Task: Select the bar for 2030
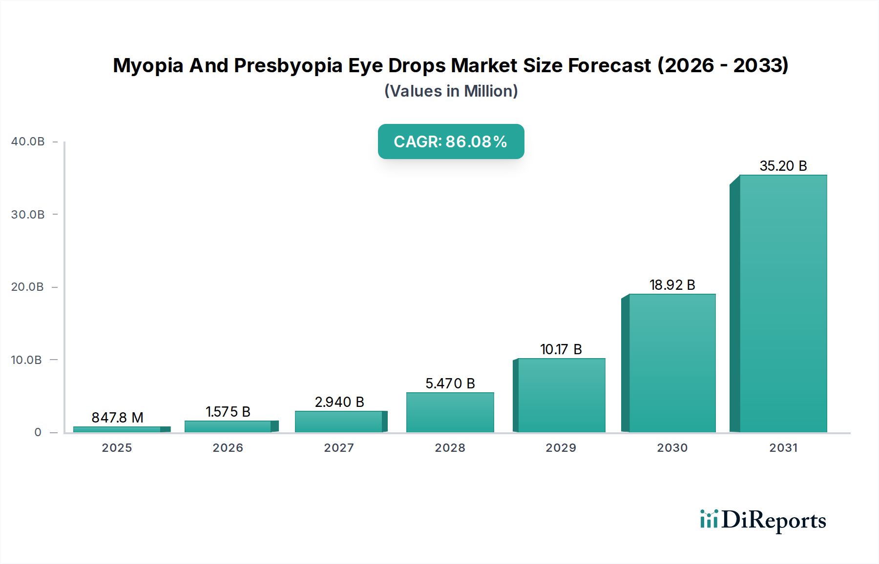pos(672,363)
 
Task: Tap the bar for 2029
pos(561,395)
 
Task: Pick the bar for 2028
pos(450,412)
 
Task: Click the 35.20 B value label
pos(783,166)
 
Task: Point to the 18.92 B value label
pos(672,285)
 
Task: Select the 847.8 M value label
pos(117,418)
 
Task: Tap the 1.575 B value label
pos(228,412)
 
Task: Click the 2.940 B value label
pos(339,402)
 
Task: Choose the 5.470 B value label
pos(450,383)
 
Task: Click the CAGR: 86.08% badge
pos(451,141)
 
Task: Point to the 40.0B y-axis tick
pos(28,141)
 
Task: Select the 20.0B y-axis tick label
pos(28,287)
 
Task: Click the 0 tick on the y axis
pos(38,432)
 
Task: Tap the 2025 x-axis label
pos(117,448)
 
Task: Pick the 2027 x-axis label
pos(339,448)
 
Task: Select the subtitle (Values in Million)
pos(451,91)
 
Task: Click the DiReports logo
pos(763,520)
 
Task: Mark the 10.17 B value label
pos(561,349)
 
